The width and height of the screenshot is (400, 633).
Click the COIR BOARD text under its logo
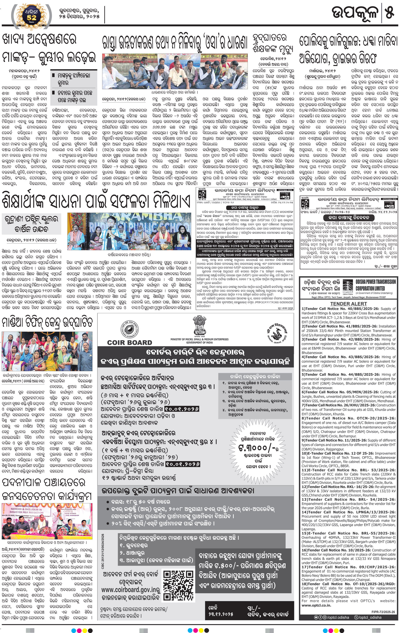[x=129, y=343]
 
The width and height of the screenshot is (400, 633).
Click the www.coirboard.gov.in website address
[x=131, y=589]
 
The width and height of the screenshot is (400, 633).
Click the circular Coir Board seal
[x=129, y=328]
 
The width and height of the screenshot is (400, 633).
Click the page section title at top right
[x=355, y=13]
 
